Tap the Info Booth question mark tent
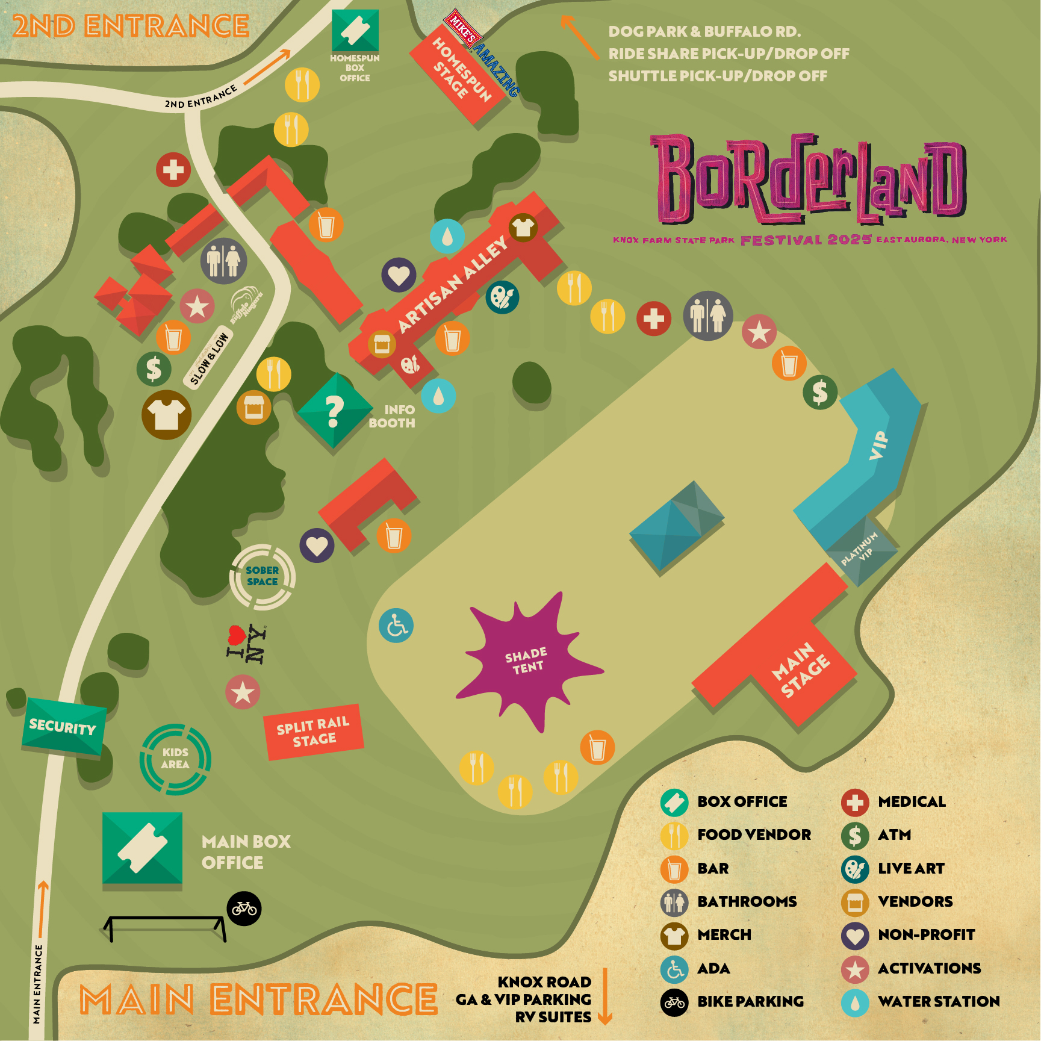click(335, 411)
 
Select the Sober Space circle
click(263, 576)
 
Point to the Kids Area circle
click(175, 759)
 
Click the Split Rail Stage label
click(313, 732)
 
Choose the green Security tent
click(63, 726)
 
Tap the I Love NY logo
click(247, 644)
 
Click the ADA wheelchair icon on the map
click(396, 626)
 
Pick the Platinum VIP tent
click(861, 550)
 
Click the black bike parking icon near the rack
click(244, 908)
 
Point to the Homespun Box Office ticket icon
click(355, 30)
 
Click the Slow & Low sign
click(208, 359)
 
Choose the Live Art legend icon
click(855, 869)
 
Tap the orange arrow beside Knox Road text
click(605, 997)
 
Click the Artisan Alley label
click(453, 284)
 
